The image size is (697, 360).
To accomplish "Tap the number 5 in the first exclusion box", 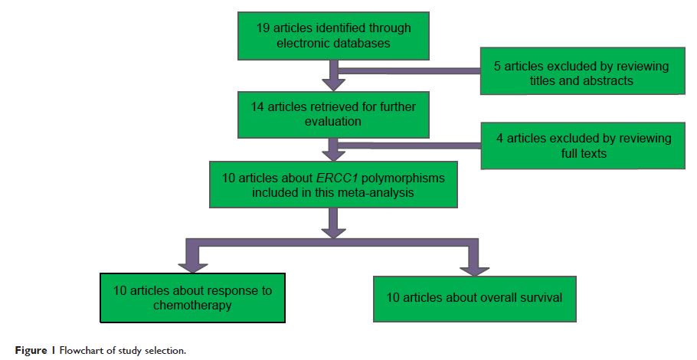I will [x=498, y=66].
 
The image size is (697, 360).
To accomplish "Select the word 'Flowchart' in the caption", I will [x=67, y=351].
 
